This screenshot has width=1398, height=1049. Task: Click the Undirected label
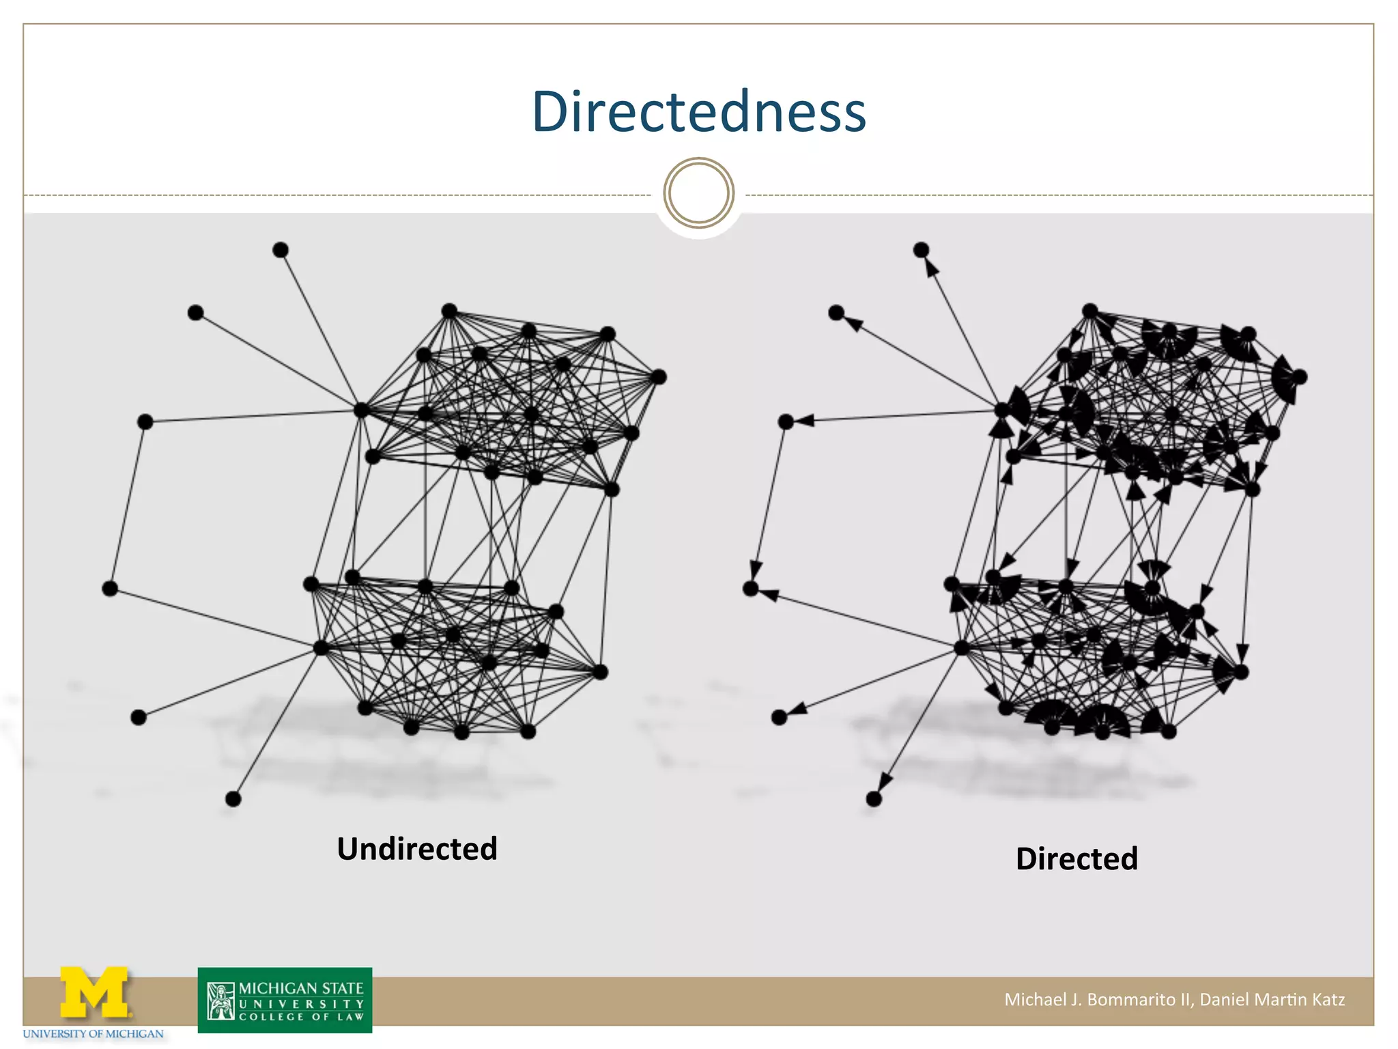tap(417, 849)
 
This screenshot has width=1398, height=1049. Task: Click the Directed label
tap(1076, 858)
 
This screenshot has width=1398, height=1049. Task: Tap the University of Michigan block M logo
tap(94, 992)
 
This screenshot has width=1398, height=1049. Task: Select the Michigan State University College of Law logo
tap(285, 1000)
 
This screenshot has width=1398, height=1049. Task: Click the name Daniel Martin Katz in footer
tap(1272, 999)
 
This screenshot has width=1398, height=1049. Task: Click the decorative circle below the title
tap(698, 193)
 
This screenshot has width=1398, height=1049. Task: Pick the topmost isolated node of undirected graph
tap(280, 250)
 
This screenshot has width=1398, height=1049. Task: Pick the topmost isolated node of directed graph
tap(921, 250)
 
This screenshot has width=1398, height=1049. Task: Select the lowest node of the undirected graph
tap(233, 798)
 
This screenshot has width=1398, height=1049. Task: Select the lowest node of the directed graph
tap(874, 798)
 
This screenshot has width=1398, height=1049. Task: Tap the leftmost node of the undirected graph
tap(109, 588)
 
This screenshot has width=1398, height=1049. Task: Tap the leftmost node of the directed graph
tap(750, 588)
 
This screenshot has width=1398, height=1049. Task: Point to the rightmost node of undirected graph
tap(658, 376)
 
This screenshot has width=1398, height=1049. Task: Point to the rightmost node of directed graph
tap(1299, 376)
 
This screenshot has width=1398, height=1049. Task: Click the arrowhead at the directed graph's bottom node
tap(885, 782)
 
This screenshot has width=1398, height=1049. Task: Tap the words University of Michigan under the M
tap(94, 1034)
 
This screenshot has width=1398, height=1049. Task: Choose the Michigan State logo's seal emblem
tap(220, 1001)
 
